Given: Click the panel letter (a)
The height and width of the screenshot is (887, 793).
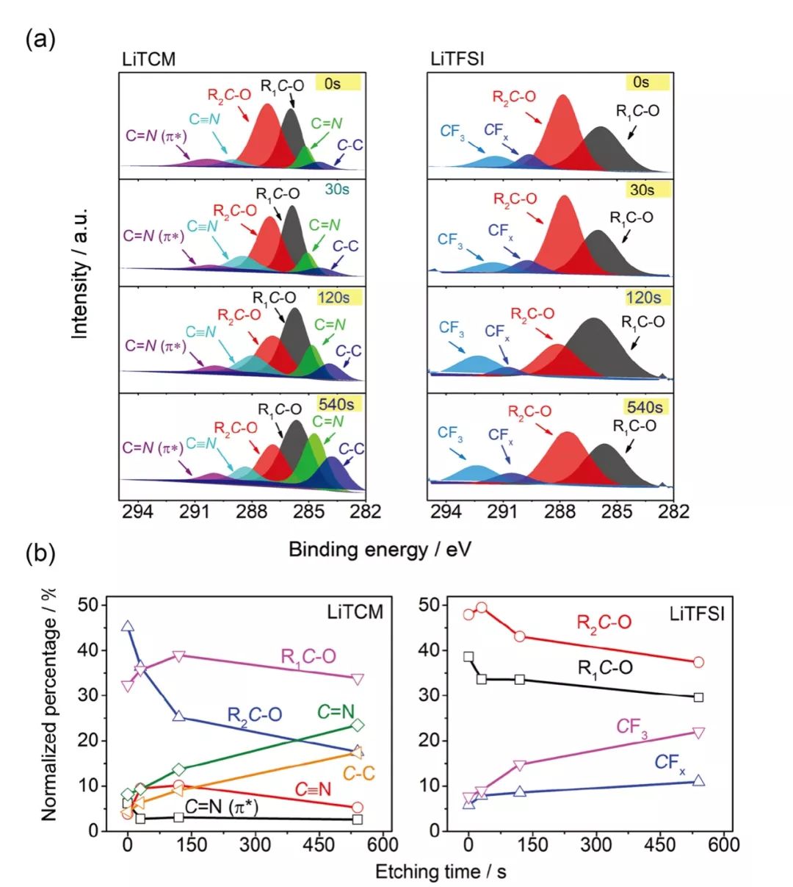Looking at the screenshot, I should pos(40,38).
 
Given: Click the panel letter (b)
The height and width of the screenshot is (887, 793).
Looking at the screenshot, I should pos(40,553).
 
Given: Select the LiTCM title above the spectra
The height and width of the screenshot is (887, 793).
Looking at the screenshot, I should pos(149,60).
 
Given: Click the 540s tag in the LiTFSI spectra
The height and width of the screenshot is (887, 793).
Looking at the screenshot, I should pos(644,407).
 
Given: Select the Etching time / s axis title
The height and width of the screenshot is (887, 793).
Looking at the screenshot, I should pos(441,872).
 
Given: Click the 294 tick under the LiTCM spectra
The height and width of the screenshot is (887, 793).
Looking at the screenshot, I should pos(138,511).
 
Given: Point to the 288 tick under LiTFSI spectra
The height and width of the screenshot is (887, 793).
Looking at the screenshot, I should pos(560,511).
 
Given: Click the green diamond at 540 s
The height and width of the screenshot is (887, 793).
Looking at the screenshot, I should pos(358,725).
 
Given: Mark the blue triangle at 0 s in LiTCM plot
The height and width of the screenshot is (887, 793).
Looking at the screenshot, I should pos(128,627).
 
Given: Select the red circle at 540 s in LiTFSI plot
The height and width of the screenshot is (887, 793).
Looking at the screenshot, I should pos(698,662).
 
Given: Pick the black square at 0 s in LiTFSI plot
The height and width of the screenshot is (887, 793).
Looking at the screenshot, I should pos(468,656).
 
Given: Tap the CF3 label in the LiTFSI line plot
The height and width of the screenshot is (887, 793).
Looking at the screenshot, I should pos(631,727).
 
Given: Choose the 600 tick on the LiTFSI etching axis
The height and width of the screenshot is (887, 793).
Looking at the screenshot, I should pos(724,845).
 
